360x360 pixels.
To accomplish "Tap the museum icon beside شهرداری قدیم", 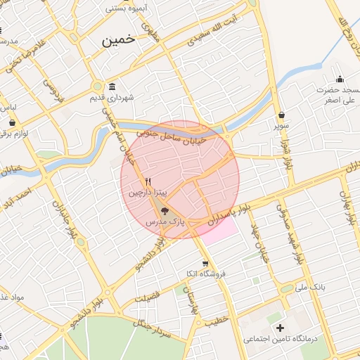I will coord(112,86).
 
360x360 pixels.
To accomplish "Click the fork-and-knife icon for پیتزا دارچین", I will coord(148,181).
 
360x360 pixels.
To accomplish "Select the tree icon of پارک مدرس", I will coord(165,210).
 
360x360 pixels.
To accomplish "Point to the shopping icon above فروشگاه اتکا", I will coord(205,264).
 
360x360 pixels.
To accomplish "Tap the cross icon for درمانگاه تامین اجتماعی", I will coord(280,328).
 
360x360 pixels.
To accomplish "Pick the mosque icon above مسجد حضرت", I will coord(340,79).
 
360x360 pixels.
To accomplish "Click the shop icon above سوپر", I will coord(282,115).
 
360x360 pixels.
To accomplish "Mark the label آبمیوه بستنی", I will coord(127,8).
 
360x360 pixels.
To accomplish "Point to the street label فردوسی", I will coord(53,90).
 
